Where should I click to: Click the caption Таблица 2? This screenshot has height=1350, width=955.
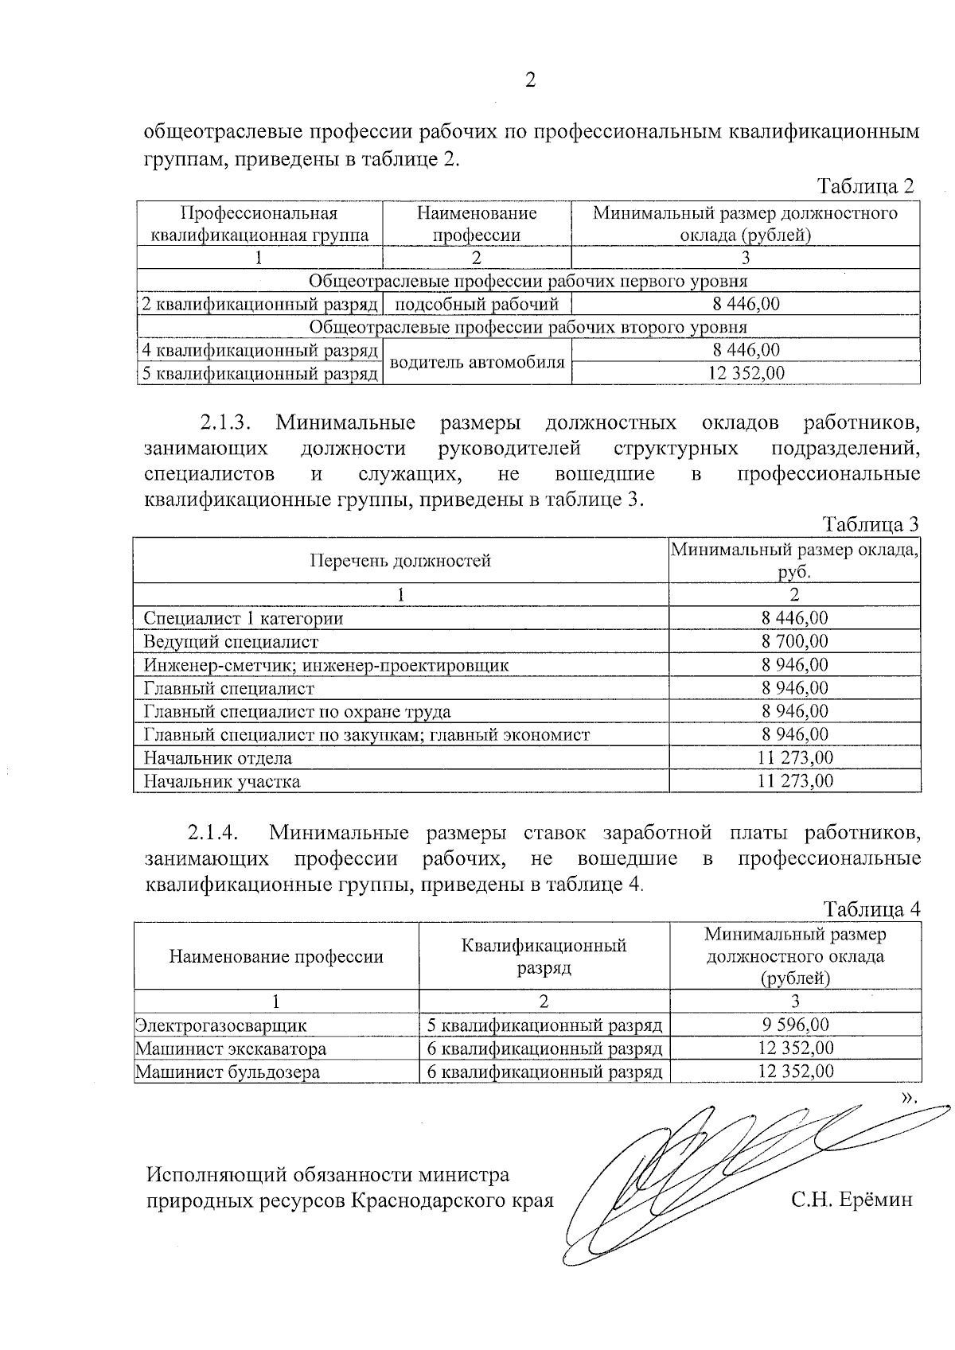pos(866,187)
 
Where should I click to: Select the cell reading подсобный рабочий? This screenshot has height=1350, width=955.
pos(477,304)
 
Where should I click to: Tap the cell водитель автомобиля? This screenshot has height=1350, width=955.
pos(477,362)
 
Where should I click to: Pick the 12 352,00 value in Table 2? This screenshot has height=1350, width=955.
pos(746,373)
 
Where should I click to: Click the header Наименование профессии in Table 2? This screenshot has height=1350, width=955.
pos(477,224)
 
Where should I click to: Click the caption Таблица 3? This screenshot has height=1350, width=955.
pos(871,525)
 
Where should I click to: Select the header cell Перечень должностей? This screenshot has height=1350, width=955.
pos(400,561)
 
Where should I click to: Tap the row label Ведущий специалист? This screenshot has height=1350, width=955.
pos(231,641)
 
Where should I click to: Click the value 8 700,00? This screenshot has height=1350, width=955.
pos(794,641)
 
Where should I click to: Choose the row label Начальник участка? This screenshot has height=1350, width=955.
pos(222,781)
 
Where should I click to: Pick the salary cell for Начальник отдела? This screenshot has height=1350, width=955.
pos(794,757)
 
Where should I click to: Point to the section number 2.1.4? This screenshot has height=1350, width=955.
pos(214,833)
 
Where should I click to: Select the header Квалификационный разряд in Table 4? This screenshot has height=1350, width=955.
pos(544,955)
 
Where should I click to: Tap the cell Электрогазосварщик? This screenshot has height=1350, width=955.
pos(220,1025)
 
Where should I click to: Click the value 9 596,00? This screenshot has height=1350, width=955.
pos(794,1025)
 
